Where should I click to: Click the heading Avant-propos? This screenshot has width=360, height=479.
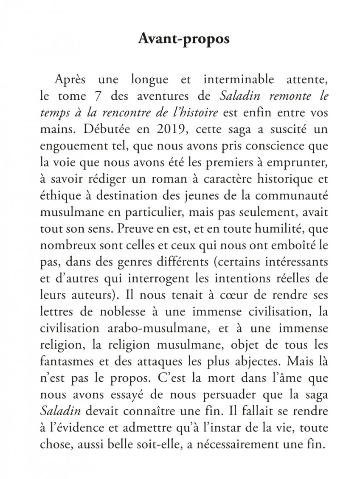click(184, 39)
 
